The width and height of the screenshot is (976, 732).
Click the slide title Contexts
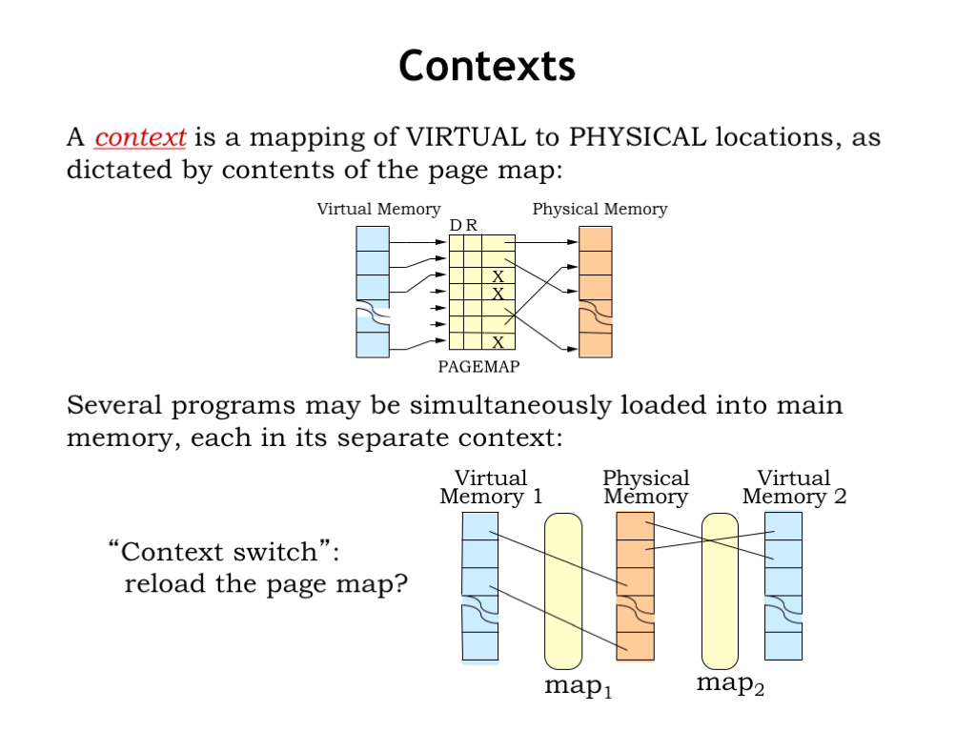point(487,67)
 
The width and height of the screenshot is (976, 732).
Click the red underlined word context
point(140,137)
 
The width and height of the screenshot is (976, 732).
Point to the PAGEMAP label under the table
point(478,366)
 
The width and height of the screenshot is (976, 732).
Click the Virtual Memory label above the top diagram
point(378,210)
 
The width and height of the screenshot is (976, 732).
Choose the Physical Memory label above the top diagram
point(600,210)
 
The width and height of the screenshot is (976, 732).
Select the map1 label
point(578,686)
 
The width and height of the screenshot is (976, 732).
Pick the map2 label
point(730,683)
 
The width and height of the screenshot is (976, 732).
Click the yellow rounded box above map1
point(562,591)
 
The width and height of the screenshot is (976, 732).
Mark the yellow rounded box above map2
point(720,591)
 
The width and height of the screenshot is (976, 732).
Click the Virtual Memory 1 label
point(491,487)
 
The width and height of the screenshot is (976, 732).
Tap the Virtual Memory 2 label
point(794,487)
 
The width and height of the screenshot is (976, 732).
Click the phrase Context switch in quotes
point(226,552)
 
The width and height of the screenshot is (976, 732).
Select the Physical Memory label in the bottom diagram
point(645,487)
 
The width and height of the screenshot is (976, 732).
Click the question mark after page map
point(398,583)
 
